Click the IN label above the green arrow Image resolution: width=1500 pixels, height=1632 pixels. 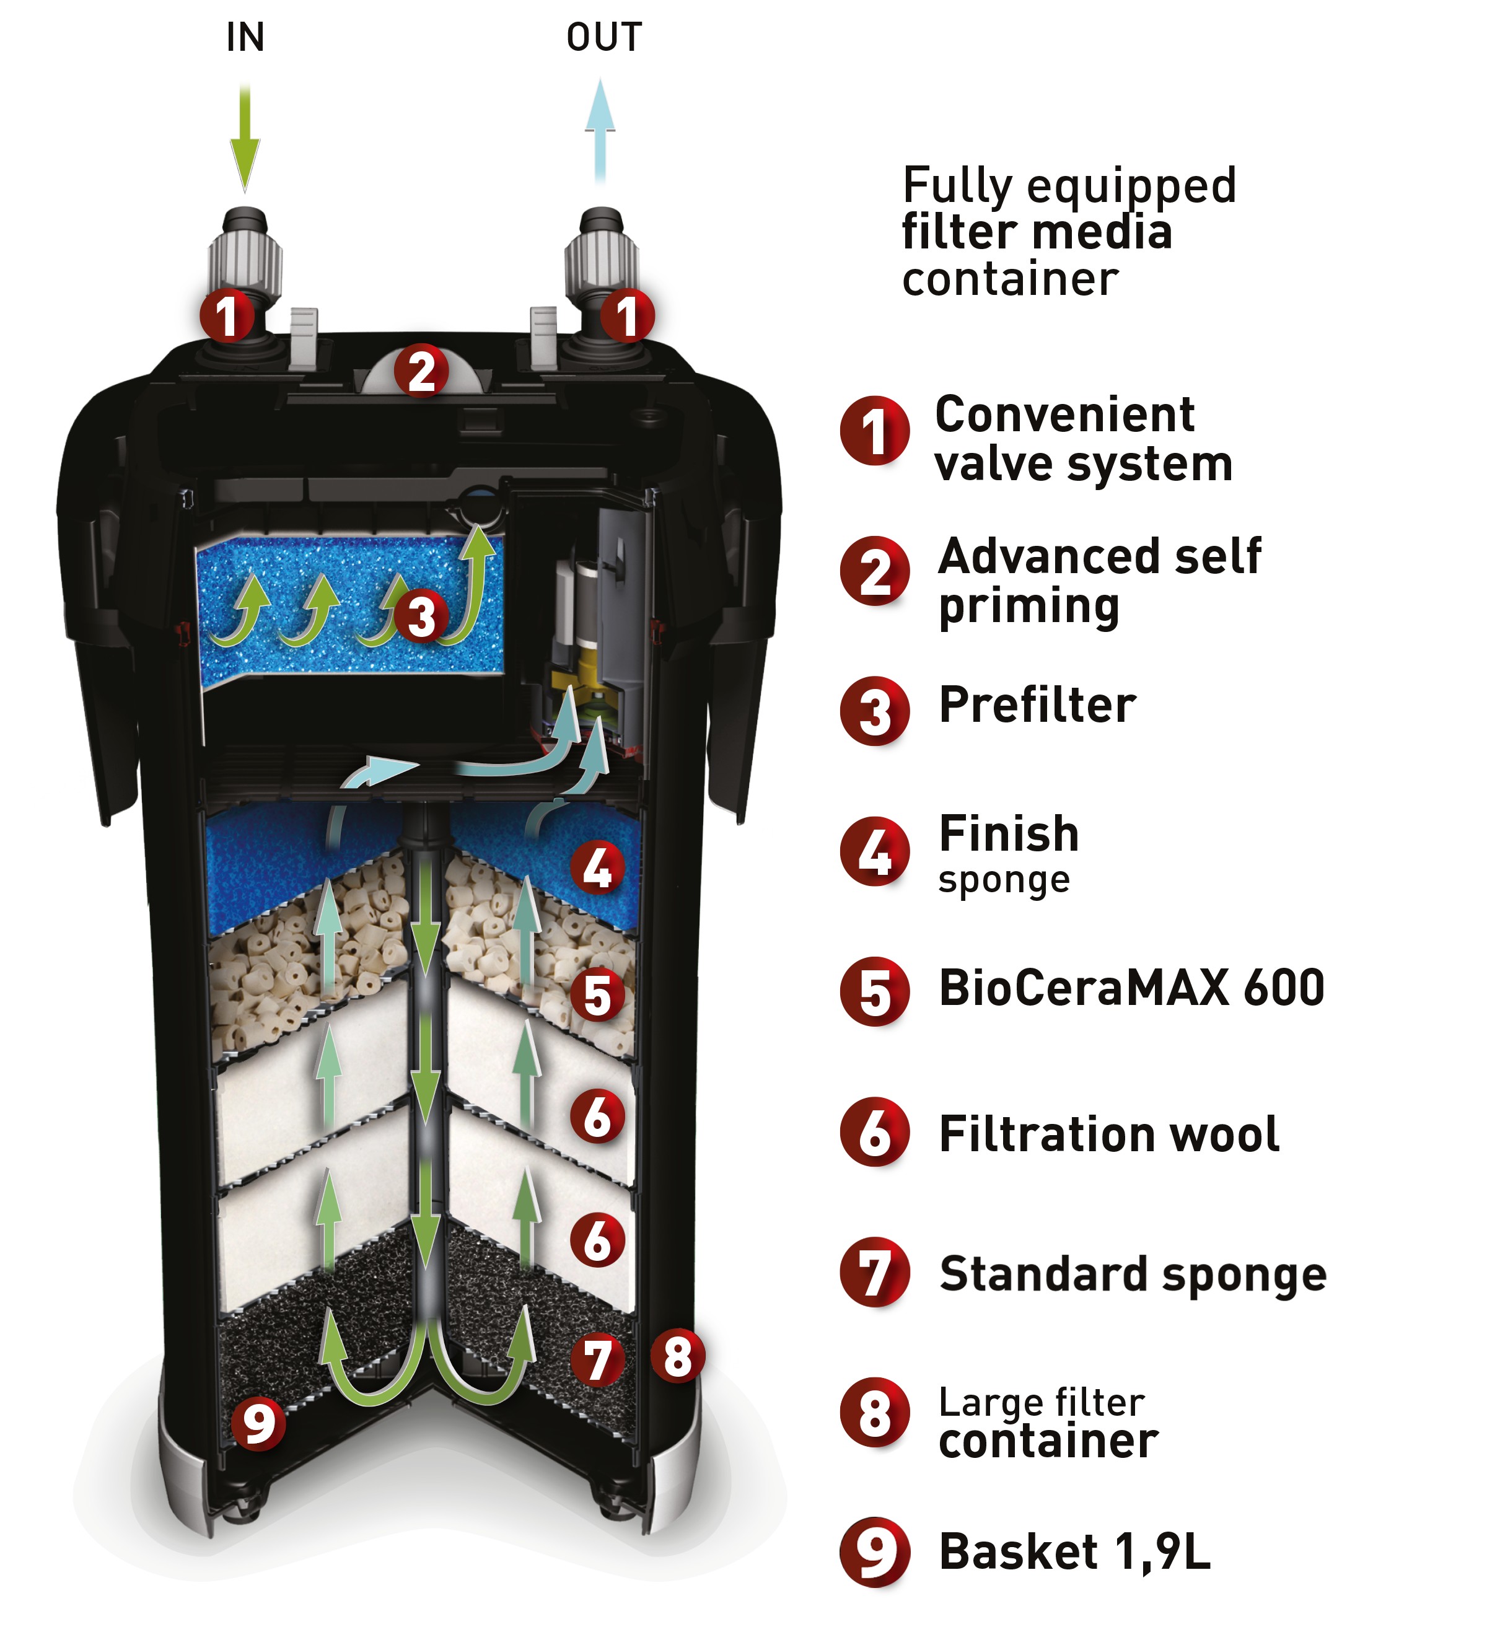tap(245, 37)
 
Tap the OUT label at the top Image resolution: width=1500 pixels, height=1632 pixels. tap(604, 37)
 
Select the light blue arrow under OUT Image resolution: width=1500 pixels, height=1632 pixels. tap(600, 130)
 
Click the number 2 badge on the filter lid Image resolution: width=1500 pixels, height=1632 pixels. tap(421, 371)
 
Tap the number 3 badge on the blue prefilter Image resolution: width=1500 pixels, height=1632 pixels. tap(421, 616)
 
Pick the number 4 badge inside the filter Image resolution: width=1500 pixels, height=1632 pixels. tap(597, 867)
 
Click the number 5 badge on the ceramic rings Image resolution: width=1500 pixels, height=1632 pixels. tap(597, 995)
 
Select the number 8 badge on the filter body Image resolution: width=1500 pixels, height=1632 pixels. tap(678, 1356)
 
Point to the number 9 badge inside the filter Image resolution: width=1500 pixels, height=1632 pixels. tap(259, 1423)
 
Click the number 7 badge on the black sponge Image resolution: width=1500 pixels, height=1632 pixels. tap(597, 1360)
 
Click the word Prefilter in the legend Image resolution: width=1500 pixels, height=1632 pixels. tap(1037, 704)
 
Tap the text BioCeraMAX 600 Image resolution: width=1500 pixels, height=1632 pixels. tap(1131, 988)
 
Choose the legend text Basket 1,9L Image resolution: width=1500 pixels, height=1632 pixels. tap(1074, 1553)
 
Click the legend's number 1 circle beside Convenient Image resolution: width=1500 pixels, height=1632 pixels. tap(874, 431)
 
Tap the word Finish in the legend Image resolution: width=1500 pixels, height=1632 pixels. tap(1009, 833)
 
